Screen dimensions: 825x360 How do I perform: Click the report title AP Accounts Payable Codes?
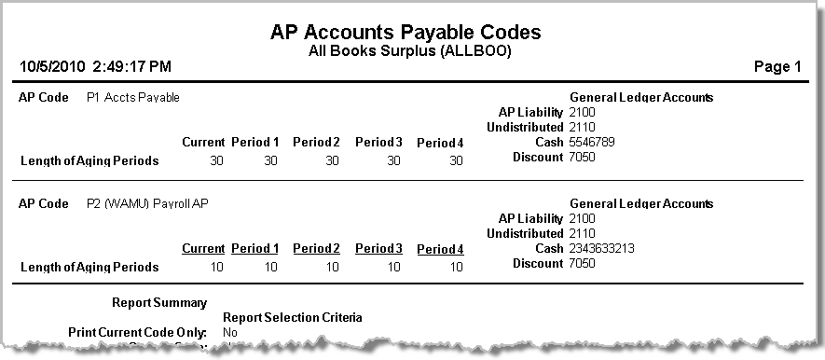click(x=406, y=31)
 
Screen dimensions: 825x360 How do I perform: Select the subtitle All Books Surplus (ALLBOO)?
click(x=409, y=50)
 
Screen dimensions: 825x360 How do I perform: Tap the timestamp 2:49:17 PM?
click(x=131, y=67)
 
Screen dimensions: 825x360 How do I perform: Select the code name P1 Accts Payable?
click(x=132, y=97)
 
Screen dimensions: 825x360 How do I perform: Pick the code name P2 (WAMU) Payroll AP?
click(x=147, y=203)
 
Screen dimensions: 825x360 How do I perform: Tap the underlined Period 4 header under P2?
click(x=440, y=249)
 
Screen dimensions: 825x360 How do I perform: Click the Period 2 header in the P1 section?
click(x=316, y=143)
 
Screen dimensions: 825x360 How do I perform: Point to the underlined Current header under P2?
click(x=203, y=249)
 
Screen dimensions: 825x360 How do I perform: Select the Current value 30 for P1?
click(x=216, y=160)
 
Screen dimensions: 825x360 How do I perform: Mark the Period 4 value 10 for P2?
click(x=455, y=267)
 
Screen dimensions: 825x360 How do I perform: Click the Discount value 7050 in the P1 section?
click(x=582, y=158)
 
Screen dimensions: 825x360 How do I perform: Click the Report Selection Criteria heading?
click(x=293, y=317)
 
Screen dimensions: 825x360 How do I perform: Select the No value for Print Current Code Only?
click(x=230, y=332)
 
